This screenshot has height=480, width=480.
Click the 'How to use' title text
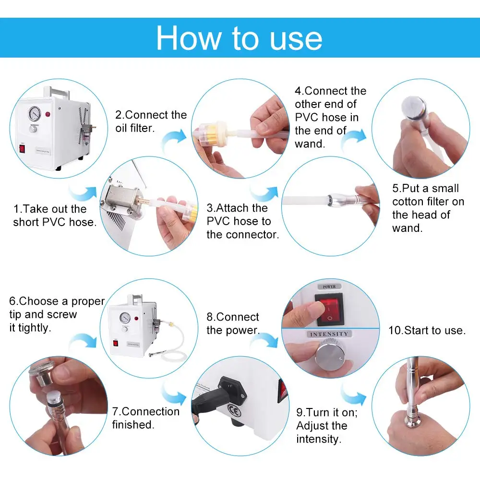tap(239, 38)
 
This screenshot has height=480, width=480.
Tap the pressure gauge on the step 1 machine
tap(35, 114)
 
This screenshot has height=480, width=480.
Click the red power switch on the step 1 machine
tap(22, 149)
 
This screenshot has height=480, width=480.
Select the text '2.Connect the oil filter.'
tap(151, 121)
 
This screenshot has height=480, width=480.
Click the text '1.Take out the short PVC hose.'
tap(55, 216)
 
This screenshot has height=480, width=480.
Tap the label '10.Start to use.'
tap(427, 330)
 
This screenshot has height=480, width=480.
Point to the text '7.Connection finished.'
tap(146, 418)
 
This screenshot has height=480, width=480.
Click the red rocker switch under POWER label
tap(330, 309)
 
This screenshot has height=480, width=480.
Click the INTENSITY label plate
tap(329, 334)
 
